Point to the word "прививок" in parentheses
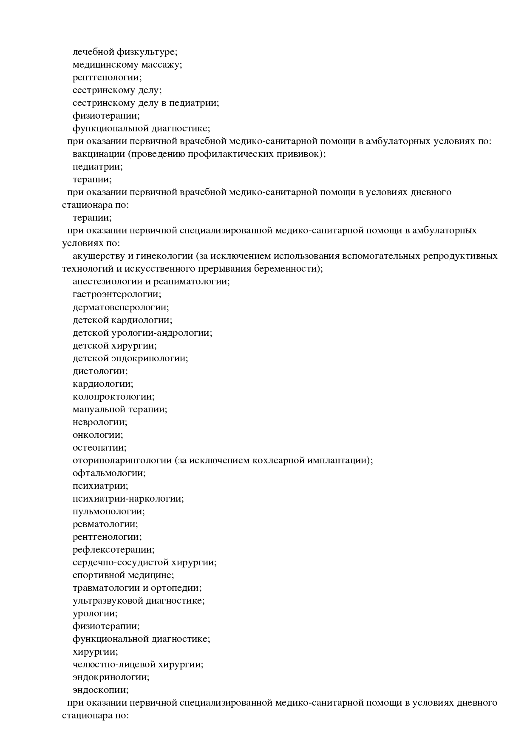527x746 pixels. pyautogui.click(x=304, y=154)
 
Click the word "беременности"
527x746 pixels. pyautogui.click(x=288, y=269)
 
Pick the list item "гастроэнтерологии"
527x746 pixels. pyautogui.click(x=116, y=295)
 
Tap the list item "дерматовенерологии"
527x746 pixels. pyautogui.click(x=120, y=307)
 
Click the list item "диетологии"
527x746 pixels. pyautogui.click(x=99, y=371)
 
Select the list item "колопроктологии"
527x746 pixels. pyautogui.click(x=113, y=397)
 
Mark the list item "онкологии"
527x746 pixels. pyautogui.click(x=97, y=435)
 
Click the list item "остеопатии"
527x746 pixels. pyautogui.click(x=99, y=448)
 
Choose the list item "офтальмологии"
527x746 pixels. pyautogui.click(x=108, y=473)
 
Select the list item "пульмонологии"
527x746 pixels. pyautogui.click(x=108, y=511)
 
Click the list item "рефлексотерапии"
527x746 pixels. pyautogui.click(x=113, y=550)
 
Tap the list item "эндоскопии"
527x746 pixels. pyautogui.click(x=100, y=690)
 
